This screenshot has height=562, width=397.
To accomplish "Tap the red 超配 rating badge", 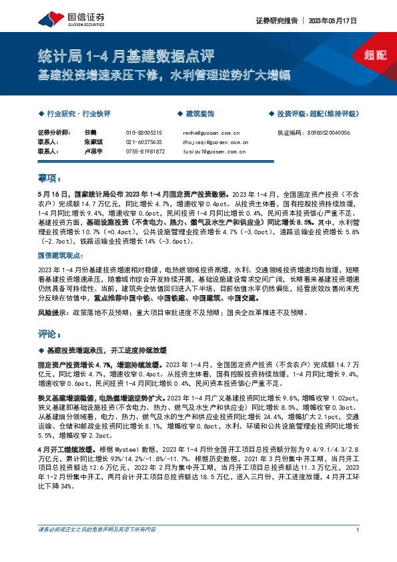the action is click(375, 55).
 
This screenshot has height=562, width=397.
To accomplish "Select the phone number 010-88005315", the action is click(144, 133).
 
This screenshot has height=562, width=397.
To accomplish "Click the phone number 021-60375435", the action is click(144, 142).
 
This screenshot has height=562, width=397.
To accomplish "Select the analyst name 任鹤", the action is click(91, 133).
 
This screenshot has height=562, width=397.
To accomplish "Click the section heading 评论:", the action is click(49, 332).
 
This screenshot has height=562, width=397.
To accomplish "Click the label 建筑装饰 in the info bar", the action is click(200, 114).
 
